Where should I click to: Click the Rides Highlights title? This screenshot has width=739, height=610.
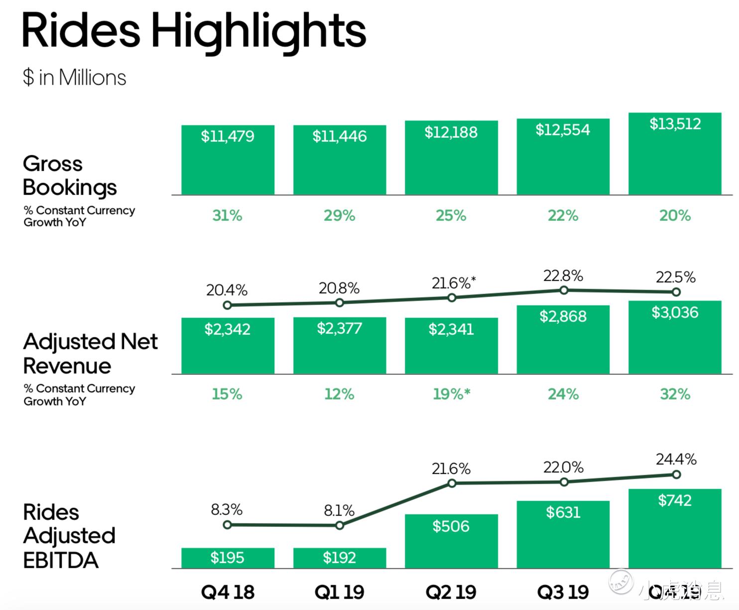(194, 31)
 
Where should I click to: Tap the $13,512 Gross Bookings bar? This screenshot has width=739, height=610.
(675, 154)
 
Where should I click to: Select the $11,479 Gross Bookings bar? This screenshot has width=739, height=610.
(228, 160)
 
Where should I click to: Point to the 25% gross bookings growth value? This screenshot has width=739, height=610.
(451, 215)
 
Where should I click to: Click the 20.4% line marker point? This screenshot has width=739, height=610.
(228, 305)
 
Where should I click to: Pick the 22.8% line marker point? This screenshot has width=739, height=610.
(564, 290)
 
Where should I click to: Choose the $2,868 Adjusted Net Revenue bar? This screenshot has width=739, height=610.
(563, 339)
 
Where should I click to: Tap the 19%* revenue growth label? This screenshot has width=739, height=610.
(451, 394)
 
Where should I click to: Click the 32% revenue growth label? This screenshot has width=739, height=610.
(675, 394)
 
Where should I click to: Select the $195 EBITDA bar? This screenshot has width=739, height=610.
(228, 558)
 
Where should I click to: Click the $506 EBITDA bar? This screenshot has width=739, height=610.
(451, 541)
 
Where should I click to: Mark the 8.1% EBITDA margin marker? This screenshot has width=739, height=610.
(340, 525)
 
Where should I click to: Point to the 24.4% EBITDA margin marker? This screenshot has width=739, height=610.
(676, 475)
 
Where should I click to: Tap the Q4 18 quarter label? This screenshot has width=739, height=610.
(228, 592)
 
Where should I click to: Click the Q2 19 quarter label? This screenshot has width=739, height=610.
(451, 592)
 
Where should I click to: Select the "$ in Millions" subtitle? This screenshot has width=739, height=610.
(74, 78)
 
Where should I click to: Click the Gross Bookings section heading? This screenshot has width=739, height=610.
(70, 176)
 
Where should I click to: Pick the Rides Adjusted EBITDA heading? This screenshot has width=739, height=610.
(69, 536)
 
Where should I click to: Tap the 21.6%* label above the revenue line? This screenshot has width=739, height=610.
(453, 283)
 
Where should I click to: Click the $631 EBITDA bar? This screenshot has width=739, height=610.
(563, 534)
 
